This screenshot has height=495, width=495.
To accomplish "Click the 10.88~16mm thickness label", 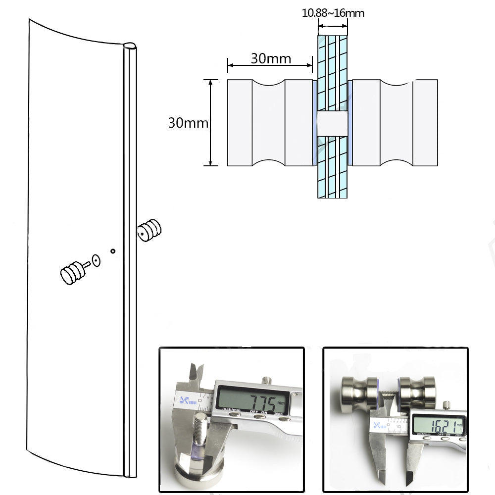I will (x=333, y=13).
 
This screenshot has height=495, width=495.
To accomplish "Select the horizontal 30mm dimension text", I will (x=271, y=58).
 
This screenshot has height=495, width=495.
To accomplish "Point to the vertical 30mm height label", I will (x=188, y=122).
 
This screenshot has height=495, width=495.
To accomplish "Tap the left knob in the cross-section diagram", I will (x=270, y=122).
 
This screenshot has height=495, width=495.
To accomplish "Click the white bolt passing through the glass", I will (x=332, y=123).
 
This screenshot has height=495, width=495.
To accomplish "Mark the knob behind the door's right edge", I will (x=150, y=230).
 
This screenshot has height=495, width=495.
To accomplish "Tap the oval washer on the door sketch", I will (x=96, y=260).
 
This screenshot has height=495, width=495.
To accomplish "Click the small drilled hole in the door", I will (x=113, y=251).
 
